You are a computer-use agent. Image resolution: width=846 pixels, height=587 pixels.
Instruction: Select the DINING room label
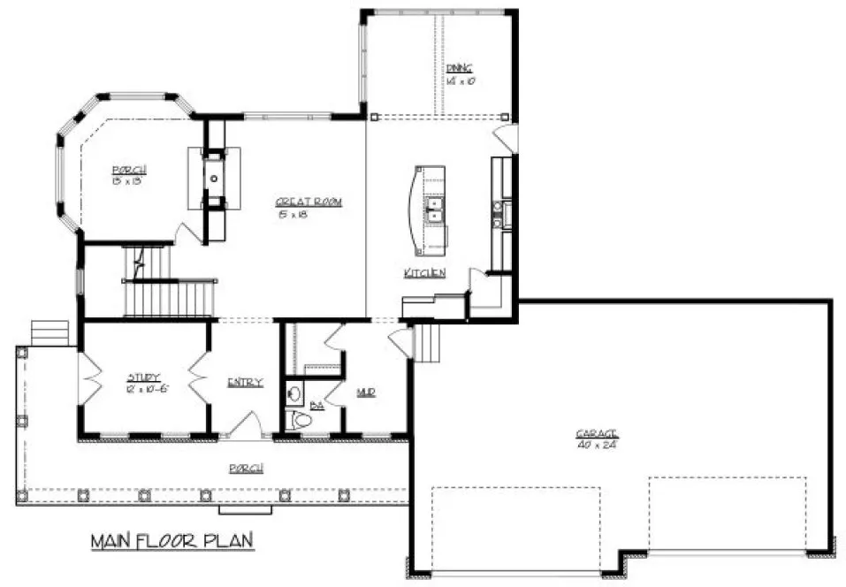click(x=459, y=68)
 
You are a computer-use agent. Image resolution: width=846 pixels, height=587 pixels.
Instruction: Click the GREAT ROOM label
click(x=308, y=202)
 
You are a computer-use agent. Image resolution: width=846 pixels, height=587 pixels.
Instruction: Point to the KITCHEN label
click(x=424, y=273)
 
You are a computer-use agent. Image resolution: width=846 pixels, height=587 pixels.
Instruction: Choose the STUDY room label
click(x=141, y=377)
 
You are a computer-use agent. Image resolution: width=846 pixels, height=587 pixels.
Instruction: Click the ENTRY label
click(x=245, y=382)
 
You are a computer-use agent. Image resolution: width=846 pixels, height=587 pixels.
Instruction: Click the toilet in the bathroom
click(x=301, y=421)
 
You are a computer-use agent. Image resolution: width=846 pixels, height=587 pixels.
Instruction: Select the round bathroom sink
click(x=293, y=393)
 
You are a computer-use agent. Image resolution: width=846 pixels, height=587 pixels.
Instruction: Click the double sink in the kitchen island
click(x=433, y=210)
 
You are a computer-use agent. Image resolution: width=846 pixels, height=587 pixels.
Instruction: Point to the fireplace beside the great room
click(x=213, y=178)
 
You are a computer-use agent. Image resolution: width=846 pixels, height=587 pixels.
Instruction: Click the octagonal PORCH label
click(x=128, y=170)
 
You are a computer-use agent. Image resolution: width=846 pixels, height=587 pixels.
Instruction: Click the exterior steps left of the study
click(x=50, y=332)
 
